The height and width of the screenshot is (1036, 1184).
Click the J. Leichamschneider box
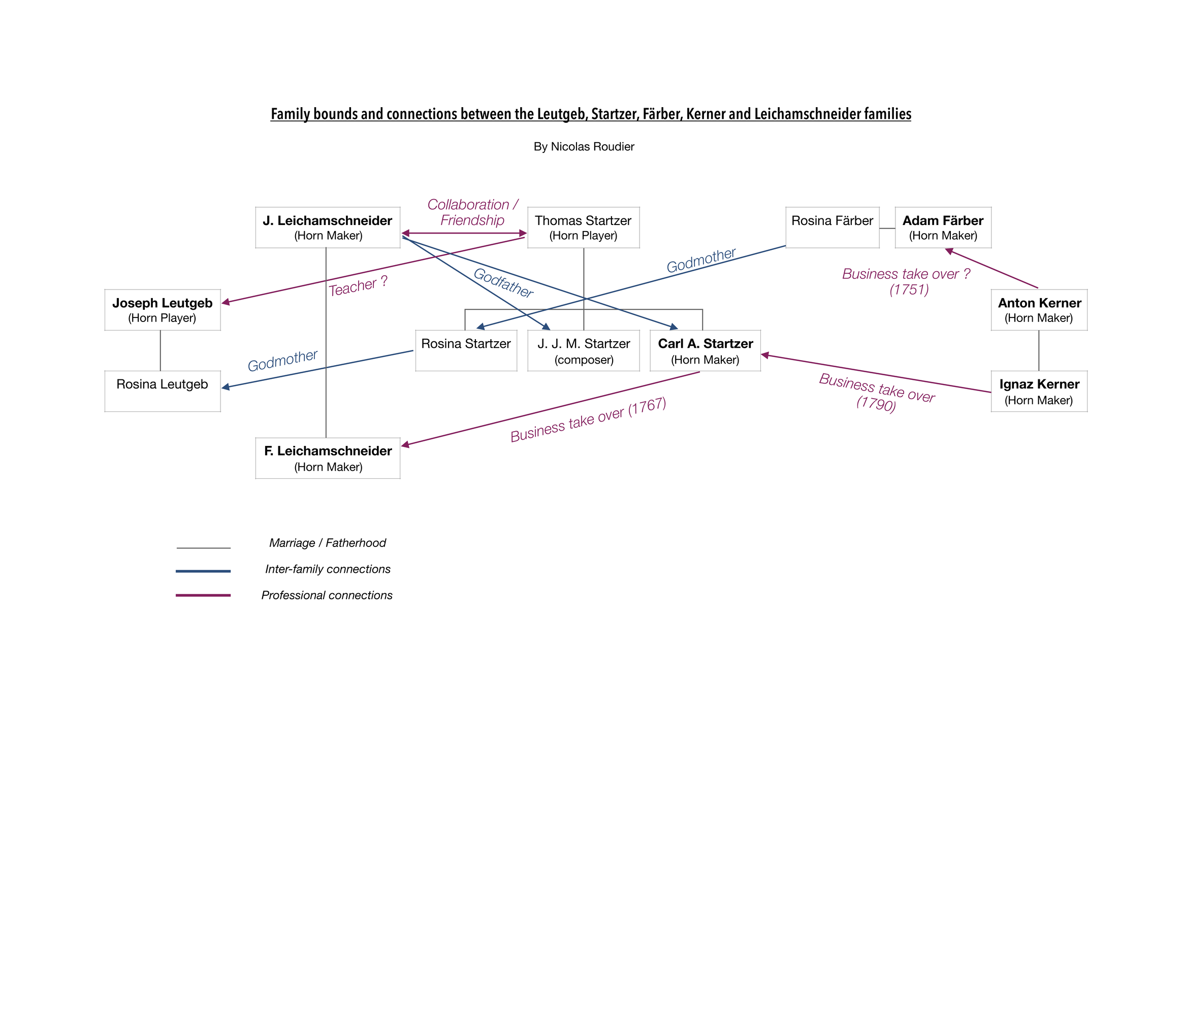(x=328, y=228)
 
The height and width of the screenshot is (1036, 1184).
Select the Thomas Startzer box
(x=583, y=228)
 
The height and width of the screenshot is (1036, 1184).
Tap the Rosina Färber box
(x=832, y=228)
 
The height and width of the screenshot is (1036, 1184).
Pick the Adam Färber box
(x=943, y=228)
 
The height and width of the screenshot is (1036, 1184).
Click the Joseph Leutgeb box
(x=163, y=310)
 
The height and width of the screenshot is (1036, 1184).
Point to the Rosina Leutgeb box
(x=163, y=392)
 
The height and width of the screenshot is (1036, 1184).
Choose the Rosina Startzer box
(x=466, y=351)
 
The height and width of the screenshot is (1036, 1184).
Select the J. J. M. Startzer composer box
(x=583, y=351)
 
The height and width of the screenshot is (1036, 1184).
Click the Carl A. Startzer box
(x=706, y=351)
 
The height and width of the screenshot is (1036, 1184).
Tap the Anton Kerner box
(x=1039, y=310)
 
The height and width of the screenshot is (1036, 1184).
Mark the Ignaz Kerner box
(x=1039, y=392)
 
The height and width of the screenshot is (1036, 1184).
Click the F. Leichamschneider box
(x=328, y=458)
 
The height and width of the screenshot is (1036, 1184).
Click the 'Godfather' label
(x=503, y=283)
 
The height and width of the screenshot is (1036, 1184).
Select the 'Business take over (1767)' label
(x=588, y=420)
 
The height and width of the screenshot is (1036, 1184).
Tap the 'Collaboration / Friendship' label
(x=472, y=212)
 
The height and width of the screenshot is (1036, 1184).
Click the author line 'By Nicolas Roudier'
(x=584, y=147)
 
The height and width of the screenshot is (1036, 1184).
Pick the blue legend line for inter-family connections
(x=203, y=571)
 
